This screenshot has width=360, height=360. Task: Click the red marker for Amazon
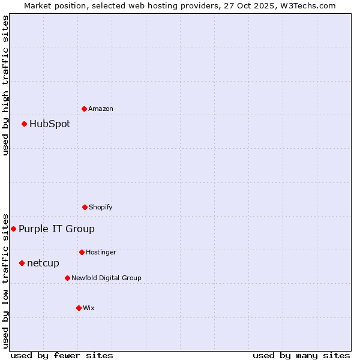[85, 109]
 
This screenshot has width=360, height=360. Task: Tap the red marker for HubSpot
[25, 124]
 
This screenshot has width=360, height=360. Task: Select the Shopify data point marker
[85, 207]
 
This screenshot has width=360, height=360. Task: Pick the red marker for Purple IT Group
[14, 229]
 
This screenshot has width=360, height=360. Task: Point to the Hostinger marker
[82, 252]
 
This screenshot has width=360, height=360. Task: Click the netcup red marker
[22, 263]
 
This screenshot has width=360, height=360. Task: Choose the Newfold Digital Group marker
[67, 278]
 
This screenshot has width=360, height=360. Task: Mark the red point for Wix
[79, 308]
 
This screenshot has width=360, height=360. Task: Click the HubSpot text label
[50, 124]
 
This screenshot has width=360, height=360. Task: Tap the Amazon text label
[101, 109]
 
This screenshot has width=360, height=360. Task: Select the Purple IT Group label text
[56, 229]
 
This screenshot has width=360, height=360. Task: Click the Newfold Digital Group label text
[106, 278]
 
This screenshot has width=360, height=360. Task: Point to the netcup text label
[43, 263]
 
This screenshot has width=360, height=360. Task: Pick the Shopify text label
[100, 207]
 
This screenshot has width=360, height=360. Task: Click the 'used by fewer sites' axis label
[62, 355]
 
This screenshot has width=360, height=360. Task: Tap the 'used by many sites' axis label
[301, 355]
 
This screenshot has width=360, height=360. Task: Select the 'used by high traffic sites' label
[6, 85]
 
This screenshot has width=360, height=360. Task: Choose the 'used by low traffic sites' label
[6, 280]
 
